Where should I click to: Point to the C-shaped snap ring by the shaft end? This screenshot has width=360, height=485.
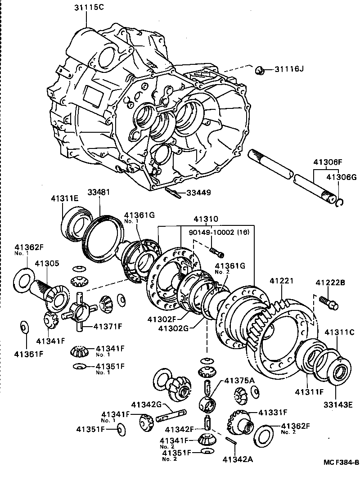click(341, 203)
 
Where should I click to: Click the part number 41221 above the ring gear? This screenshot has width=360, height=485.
click(283, 281)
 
